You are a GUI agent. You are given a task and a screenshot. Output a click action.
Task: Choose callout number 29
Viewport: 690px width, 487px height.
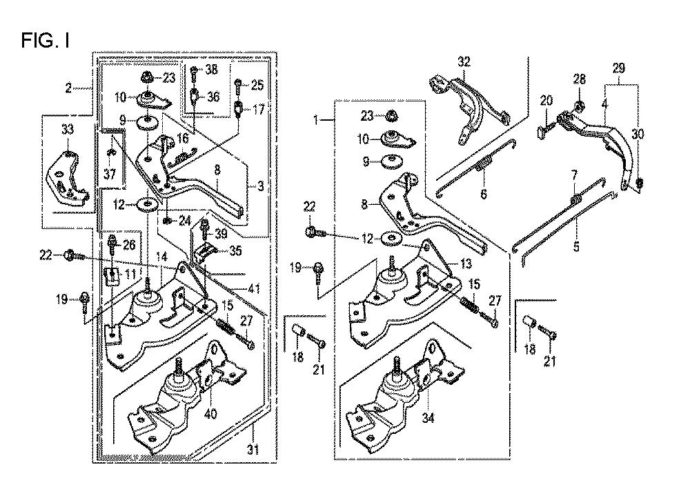pyautogui.click(x=618, y=68)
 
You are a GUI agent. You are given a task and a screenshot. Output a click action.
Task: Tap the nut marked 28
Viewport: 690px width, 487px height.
pyautogui.click(x=579, y=106)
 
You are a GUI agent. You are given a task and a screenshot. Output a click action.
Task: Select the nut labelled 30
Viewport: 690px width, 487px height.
pyautogui.click(x=640, y=183)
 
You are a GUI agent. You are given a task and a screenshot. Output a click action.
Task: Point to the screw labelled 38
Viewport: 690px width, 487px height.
pyautogui.click(x=194, y=70)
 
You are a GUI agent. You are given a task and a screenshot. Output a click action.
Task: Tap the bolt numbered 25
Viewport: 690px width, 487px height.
pyautogui.click(x=237, y=86)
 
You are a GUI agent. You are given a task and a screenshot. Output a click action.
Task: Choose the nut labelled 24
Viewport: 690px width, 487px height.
pyautogui.click(x=168, y=221)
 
